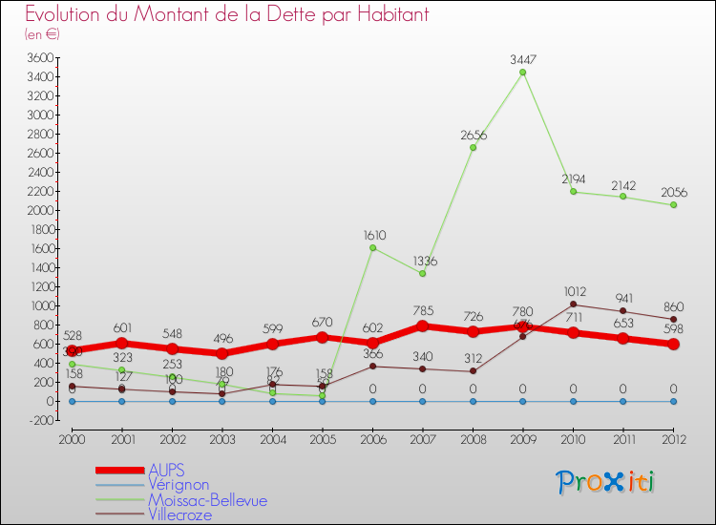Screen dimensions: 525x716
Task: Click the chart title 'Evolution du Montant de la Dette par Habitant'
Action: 226,15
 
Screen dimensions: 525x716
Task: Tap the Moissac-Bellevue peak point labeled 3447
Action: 522,73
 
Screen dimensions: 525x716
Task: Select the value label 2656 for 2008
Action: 473,136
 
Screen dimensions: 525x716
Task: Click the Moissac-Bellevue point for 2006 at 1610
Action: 372,248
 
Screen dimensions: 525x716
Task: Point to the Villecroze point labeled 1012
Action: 573,304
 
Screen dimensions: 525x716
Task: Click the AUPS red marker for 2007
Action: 422,326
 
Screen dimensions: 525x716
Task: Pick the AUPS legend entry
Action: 166,471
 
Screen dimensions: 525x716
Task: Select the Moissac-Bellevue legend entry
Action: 207,500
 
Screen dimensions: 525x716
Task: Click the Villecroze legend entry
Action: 179,514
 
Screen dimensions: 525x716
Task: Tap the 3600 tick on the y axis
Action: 39,57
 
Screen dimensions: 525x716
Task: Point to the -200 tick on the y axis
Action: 39,420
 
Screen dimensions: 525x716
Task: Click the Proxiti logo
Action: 606,482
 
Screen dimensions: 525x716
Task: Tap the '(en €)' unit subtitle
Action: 42,34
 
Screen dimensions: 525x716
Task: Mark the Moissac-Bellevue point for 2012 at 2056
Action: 673,205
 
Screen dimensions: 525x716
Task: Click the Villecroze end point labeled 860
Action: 673,319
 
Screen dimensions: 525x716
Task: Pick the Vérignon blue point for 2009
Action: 522,401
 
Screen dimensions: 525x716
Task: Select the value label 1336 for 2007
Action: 422,261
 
